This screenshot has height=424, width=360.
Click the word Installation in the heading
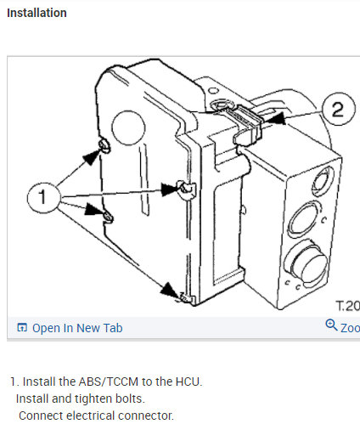37,14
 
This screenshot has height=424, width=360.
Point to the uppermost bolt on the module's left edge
103,150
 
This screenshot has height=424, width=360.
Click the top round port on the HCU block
323,181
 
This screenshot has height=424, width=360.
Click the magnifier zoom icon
331,326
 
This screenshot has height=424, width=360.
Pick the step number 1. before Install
14,382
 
